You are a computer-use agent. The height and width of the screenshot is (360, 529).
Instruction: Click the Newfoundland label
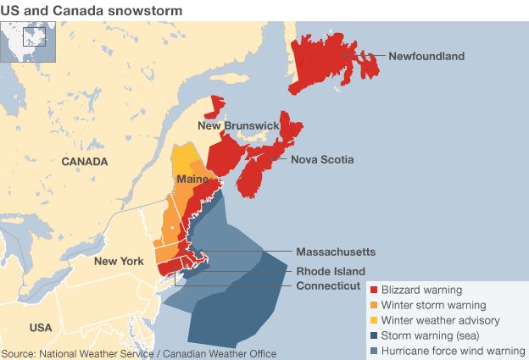click(x=426, y=57)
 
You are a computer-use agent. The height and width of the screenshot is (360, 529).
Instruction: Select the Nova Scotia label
click(x=322, y=159)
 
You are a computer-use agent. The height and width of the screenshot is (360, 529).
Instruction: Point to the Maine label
click(x=192, y=180)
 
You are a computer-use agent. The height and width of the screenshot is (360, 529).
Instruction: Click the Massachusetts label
click(x=336, y=252)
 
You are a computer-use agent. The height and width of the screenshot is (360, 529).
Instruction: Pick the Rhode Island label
click(x=331, y=270)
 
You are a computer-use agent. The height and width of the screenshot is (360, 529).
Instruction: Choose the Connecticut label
click(x=328, y=286)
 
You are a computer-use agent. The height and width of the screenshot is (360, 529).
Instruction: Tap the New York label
click(x=119, y=261)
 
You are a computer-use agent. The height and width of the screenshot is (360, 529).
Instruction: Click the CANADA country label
click(x=84, y=161)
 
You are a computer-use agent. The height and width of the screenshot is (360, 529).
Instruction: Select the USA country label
click(x=40, y=327)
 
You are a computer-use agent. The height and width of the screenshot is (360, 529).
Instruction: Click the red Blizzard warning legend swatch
click(x=374, y=291)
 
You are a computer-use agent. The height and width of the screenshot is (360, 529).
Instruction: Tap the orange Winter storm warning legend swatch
click(x=374, y=306)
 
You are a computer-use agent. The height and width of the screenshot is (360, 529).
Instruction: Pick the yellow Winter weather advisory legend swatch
click(x=374, y=321)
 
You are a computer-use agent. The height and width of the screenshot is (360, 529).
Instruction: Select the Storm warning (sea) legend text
click(x=429, y=335)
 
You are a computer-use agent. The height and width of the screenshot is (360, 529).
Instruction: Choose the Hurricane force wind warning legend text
click(x=453, y=351)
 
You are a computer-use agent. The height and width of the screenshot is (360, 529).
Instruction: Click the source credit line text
click(x=139, y=353)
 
